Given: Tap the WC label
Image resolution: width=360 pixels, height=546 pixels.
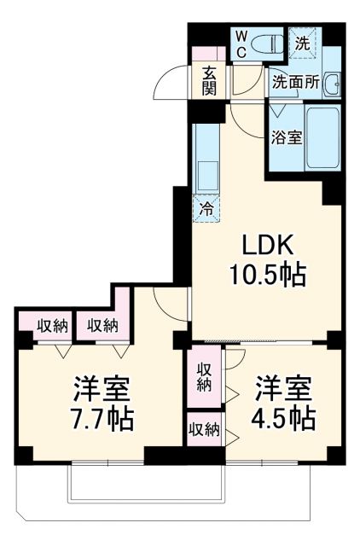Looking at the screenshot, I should tap(241, 44).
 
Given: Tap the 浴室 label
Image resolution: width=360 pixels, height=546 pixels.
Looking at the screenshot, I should tap(287, 137).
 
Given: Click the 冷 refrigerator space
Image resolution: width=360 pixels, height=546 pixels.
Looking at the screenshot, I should tap(206, 207).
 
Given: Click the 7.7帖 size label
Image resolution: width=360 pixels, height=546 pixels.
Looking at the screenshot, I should tap(100, 418).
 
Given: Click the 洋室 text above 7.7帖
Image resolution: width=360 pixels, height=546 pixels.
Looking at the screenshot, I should tap(100, 389).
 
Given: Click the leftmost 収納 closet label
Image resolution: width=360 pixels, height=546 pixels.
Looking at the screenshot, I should tap(52, 324).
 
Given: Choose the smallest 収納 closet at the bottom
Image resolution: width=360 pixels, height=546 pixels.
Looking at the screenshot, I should tap(201, 428).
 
